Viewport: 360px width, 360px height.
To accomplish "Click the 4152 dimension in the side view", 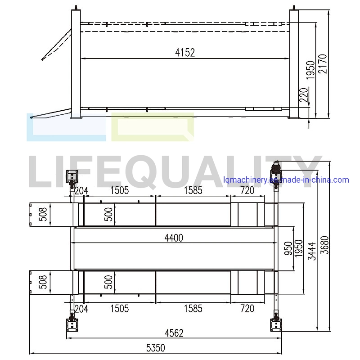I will click(x=185, y=53).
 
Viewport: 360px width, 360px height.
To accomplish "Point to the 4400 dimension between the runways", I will click(x=174, y=238).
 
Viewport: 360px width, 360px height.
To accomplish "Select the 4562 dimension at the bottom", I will click(x=174, y=333).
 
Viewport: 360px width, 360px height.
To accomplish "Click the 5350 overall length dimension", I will click(x=155, y=348).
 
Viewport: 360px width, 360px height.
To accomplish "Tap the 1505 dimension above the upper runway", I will click(x=119, y=190).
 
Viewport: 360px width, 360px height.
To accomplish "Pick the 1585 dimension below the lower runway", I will click(x=193, y=309).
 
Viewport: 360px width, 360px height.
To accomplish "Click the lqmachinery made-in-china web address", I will click(x=286, y=180).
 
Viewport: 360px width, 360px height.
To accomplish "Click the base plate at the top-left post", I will click(x=72, y=176).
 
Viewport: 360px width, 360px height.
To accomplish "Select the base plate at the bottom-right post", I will click(x=275, y=324).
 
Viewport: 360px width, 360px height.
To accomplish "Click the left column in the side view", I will click(x=75, y=63).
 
